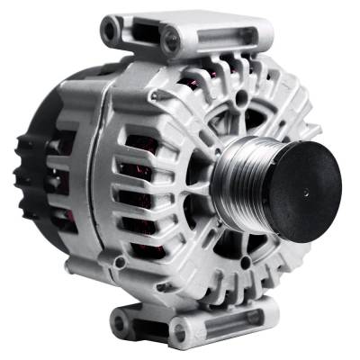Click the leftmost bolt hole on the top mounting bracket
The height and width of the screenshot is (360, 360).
click(111, 33)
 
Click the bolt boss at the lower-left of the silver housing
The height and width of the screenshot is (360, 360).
click(119, 262)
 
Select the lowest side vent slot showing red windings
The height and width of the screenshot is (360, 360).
click(137, 245)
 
